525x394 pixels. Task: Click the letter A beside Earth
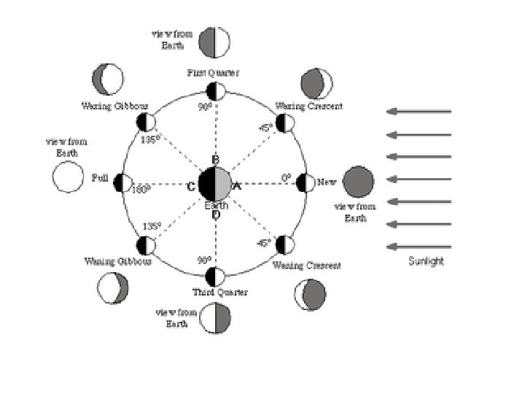coord(236,187)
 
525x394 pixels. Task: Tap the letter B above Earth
coord(215,160)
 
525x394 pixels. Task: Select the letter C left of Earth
coord(190,187)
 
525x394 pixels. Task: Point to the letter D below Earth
coord(216,215)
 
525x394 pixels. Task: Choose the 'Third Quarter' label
coord(220,293)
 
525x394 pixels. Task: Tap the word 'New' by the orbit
coord(327,182)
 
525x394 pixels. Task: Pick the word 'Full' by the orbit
coord(101,178)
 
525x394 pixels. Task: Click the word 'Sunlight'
coord(426,261)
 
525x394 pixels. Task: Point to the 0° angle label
coord(287,177)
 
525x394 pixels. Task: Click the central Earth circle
coord(214,182)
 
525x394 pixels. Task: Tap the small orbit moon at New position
coord(306,182)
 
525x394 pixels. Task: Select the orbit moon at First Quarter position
coord(215,91)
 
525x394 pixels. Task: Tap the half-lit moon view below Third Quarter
coord(216,318)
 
